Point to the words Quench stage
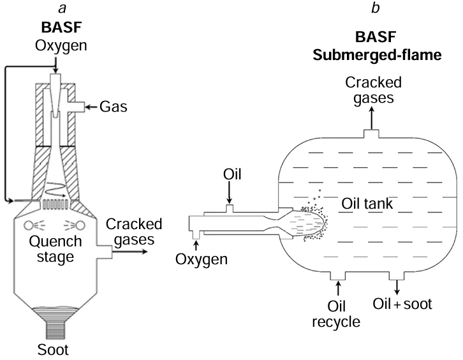(57, 250)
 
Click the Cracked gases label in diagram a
(134, 232)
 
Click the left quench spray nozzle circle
(29, 225)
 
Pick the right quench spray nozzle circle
(82, 225)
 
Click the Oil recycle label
(337, 313)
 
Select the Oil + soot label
(403, 304)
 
